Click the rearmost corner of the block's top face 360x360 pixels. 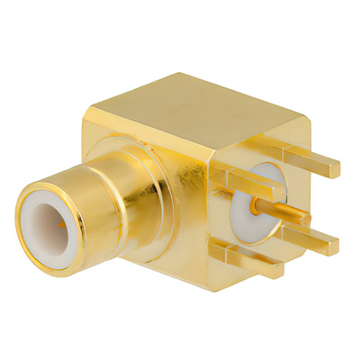[x=209, y=74]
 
